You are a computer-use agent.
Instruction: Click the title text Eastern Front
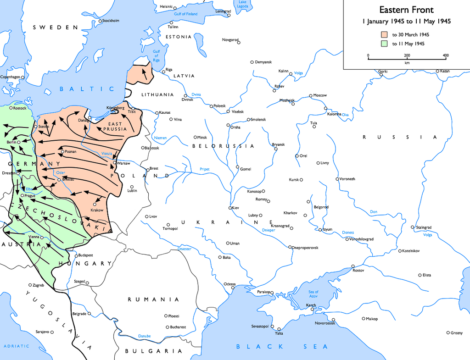pos(406,10)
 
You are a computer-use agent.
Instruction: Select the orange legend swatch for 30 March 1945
pos(384,34)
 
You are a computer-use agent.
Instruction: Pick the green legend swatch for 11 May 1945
pos(384,44)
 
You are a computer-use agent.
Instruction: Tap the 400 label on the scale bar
pos(445,55)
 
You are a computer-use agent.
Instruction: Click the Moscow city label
pos(320,95)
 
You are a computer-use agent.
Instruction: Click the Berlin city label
pos(11,142)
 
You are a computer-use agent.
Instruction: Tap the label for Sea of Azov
pos(313,294)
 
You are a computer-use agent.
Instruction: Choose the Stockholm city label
pos(111,21)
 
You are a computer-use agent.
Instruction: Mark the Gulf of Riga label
pos(156,56)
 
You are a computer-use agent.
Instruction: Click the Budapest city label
pos(86,255)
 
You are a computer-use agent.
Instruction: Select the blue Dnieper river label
pos(269,230)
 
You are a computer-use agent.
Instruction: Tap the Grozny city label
pos(456,332)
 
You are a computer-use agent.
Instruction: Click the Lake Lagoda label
pos(242,5)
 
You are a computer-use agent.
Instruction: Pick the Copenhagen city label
pos(10,77)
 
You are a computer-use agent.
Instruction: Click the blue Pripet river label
pos(204,169)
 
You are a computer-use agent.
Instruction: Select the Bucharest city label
pos(178,327)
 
